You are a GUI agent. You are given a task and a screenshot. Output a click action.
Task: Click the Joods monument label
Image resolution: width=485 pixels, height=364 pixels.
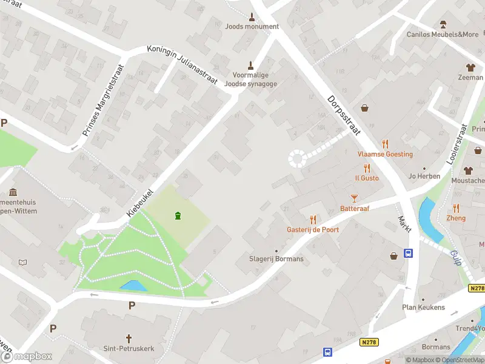[x=252, y=26]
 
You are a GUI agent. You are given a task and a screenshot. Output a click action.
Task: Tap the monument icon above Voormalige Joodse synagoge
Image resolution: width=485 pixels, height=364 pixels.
[x=250, y=65]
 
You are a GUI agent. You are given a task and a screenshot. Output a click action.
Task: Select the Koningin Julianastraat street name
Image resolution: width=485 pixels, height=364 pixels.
[x=182, y=66]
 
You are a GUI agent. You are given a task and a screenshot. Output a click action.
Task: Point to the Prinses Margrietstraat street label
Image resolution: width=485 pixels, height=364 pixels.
[x=102, y=101]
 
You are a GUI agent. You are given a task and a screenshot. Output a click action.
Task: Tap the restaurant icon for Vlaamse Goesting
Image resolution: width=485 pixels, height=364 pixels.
[x=385, y=144]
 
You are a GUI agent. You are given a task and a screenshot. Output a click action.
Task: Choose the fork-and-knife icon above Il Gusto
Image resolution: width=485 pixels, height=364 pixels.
[x=367, y=168]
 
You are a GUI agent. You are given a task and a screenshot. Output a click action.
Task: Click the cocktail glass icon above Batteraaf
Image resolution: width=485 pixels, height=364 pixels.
[x=355, y=198]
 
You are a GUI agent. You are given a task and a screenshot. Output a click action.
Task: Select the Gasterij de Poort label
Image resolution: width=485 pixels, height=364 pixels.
[x=313, y=230]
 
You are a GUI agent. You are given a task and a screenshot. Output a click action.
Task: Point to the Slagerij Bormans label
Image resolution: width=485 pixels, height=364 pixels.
[x=276, y=259]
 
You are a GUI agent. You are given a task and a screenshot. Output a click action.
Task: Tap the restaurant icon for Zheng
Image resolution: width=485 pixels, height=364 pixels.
[x=456, y=208]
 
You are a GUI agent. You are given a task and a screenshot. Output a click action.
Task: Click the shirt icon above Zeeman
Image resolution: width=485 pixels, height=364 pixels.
[x=470, y=67]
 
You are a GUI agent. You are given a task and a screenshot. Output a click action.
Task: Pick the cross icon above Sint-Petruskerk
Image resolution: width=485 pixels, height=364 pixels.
[x=129, y=338]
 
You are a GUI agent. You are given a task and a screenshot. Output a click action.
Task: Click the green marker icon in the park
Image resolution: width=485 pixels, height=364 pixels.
[x=178, y=215]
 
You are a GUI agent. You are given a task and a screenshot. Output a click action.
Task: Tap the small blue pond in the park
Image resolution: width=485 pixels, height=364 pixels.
[x=133, y=285]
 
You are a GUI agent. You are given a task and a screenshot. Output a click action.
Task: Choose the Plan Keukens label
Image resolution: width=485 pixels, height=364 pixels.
[x=423, y=308]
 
